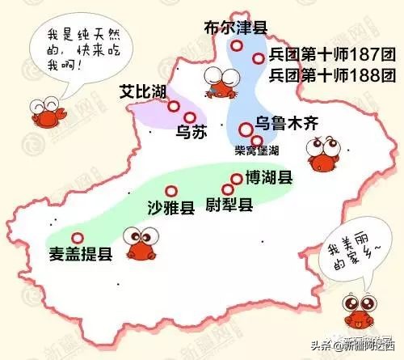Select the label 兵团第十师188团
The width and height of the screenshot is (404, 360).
click(326, 77)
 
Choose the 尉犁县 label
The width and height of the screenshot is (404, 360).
click(229, 204)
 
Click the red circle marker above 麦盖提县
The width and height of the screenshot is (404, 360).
click(78, 238)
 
